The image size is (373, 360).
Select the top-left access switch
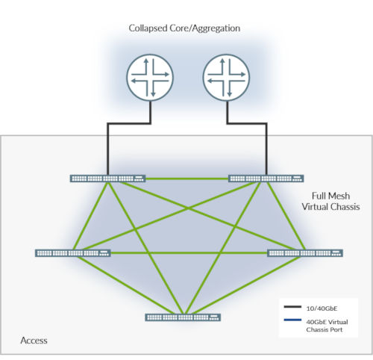coord(107,179)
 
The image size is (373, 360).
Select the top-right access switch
coord(266,179)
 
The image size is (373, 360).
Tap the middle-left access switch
coord(72,252)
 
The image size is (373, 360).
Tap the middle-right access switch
coord(304,252)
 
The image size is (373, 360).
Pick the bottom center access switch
coord(184,317)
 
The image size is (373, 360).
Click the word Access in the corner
coord(34,341)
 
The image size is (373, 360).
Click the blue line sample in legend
coord(293,322)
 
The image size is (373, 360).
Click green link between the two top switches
coord(186,179)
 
